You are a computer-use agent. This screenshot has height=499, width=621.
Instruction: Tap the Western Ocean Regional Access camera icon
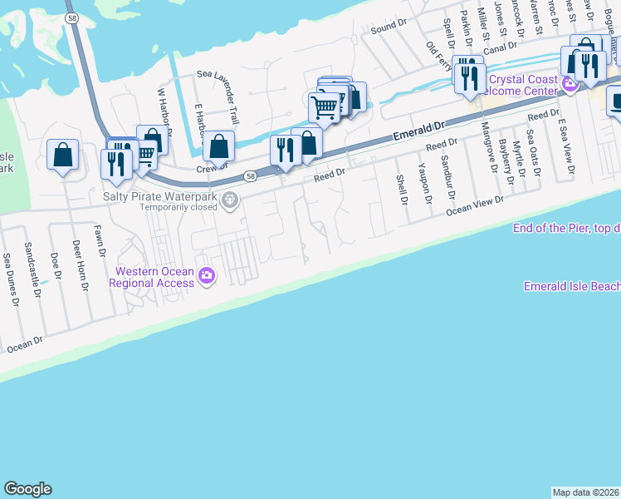206,276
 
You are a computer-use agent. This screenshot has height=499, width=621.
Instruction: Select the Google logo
27,489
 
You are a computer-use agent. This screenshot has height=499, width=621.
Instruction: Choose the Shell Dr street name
402,190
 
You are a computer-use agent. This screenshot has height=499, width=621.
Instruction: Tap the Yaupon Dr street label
426,182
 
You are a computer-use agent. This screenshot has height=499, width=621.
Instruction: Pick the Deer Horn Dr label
81,264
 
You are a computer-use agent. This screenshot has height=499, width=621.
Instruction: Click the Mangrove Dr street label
488,142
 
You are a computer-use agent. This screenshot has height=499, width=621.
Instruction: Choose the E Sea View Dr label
566,146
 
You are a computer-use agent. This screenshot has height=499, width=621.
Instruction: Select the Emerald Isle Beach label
572,286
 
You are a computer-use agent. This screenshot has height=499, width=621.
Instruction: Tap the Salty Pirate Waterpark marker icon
230,199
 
